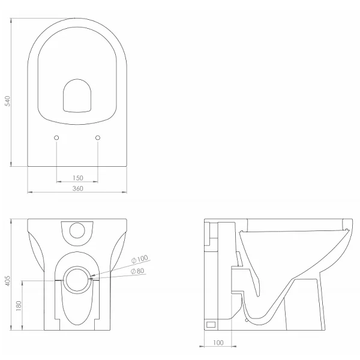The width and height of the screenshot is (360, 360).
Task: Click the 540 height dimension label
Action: coord(8,101)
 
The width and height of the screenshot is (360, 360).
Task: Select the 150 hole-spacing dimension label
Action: coord(78,178)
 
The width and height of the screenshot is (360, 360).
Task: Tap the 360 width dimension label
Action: coord(78,188)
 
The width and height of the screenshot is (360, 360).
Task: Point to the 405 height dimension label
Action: coord(8,281)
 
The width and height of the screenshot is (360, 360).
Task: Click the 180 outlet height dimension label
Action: coord(19,306)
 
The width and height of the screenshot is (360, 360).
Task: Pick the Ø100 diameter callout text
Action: coord(140,259)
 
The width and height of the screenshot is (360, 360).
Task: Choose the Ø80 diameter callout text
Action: coord(137,271)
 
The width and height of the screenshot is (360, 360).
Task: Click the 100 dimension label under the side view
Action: coord(218,343)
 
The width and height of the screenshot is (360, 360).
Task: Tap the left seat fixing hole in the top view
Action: coord(56,138)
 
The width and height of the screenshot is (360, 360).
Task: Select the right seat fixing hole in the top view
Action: coord(98,138)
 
